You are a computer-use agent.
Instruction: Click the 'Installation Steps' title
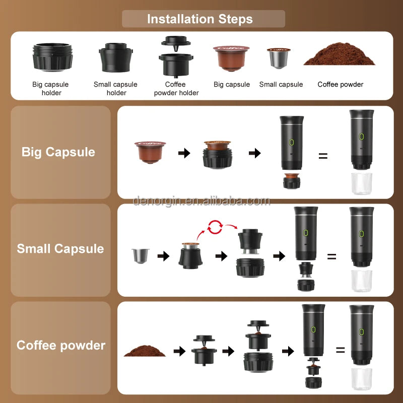click(200, 19)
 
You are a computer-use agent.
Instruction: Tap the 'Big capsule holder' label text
click(50, 89)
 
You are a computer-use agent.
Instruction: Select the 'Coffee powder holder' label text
click(176, 89)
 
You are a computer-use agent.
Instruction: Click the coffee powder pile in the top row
click(340, 56)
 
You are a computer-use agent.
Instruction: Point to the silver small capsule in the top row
click(279, 59)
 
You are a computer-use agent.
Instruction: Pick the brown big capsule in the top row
click(231, 58)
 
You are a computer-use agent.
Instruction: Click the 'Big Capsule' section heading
click(58, 152)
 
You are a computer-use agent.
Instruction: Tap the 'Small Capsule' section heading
click(60, 248)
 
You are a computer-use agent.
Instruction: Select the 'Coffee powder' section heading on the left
click(61, 345)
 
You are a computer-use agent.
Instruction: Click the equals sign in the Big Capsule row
click(323, 156)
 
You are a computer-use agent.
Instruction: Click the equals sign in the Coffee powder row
click(341, 350)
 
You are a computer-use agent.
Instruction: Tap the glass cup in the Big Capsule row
click(361, 184)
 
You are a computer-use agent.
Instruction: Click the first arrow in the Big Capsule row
click(184, 153)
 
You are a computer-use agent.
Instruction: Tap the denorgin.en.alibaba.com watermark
click(201, 201)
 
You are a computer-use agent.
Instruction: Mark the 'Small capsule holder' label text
click(115, 89)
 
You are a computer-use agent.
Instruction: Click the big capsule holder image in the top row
click(52, 56)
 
